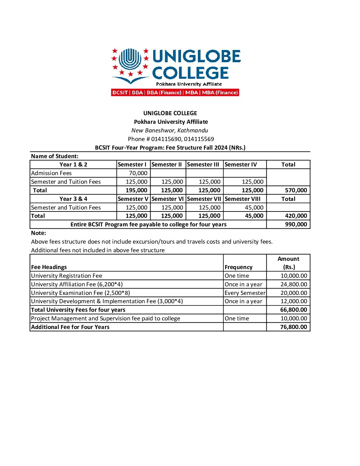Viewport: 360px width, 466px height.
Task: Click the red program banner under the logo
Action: pyautogui.click(x=175, y=93)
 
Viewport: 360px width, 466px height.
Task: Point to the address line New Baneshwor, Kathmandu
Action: pyautogui.click(x=170, y=130)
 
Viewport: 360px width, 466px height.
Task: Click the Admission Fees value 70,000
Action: pyautogui.click(x=138, y=173)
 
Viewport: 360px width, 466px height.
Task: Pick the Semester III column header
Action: pyautogui.click(x=203, y=164)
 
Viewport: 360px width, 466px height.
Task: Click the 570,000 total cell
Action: pyautogui.click(x=296, y=190)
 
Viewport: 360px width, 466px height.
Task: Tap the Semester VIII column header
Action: pyautogui.click(x=243, y=199)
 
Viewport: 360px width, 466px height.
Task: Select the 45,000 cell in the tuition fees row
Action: pyautogui.click(x=254, y=208)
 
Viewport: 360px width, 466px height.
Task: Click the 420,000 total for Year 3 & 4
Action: pyautogui.click(x=296, y=216)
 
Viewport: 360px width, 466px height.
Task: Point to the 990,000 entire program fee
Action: pyautogui.click(x=296, y=224)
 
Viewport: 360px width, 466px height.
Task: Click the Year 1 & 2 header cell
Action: pyautogui.click(x=73, y=164)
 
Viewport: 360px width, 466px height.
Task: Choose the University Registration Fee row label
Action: pyautogui.click(x=67, y=276)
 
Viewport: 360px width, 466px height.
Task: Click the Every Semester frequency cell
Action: pyautogui.click(x=245, y=293)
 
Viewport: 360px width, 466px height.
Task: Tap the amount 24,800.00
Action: pyautogui.click(x=293, y=284)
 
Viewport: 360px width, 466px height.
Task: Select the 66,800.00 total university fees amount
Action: pyautogui.click(x=293, y=310)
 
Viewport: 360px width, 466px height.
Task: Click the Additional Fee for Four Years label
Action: pyautogui.click(x=70, y=327)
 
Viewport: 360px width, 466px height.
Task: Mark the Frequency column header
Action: pyautogui.click(x=238, y=267)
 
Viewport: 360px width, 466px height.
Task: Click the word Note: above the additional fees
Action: pyautogui.click(x=38, y=233)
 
